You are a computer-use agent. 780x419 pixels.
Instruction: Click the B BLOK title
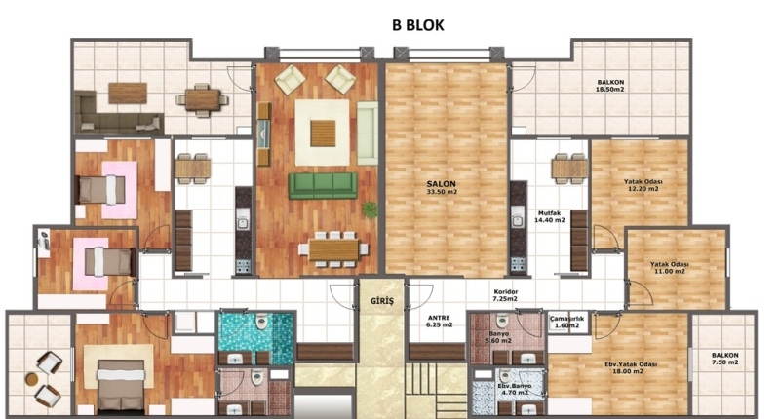pyautogui.click(x=417, y=25)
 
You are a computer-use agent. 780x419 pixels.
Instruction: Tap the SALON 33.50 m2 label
pyautogui.click(x=442, y=187)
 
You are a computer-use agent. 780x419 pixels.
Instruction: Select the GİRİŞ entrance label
pyautogui.click(x=382, y=301)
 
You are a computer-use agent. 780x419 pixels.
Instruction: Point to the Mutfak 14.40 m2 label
pyautogui.click(x=549, y=216)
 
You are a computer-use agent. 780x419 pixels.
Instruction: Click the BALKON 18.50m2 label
pyautogui.click(x=610, y=86)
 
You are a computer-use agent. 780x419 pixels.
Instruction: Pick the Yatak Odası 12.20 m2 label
pyautogui.click(x=643, y=185)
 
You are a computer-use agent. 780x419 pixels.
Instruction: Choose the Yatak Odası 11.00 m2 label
pyautogui.click(x=670, y=268)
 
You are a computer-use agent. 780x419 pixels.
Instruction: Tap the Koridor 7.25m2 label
pyautogui.click(x=505, y=295)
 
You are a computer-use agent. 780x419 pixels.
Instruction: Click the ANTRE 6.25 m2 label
pyautogui.click(x=439, y=322)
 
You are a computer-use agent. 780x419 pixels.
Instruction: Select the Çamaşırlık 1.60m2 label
pyautogui.click(x=567, y=322)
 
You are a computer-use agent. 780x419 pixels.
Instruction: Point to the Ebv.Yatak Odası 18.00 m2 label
pyautogui.click(x=631, y=367)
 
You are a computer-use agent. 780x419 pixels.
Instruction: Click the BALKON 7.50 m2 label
pyautogui.click(x=724, y=359)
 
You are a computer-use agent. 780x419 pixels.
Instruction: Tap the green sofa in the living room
pyautogui.click(x=323, y=186)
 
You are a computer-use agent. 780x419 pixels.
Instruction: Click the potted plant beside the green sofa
pyautogui.click(x=370, y=209)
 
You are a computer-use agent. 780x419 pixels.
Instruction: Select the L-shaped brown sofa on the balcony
pyautogui.click(x=118, y=113)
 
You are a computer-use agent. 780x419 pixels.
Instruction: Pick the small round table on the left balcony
pyautogui.click(x=32, y=379)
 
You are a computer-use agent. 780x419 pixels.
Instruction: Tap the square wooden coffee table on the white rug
pyautogui.click(x=323, y=133)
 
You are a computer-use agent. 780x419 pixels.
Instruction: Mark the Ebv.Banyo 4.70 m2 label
pyautogui.click(x=515, y=389)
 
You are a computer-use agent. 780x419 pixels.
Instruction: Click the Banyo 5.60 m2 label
pyautogui.click(x=499, y=337)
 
